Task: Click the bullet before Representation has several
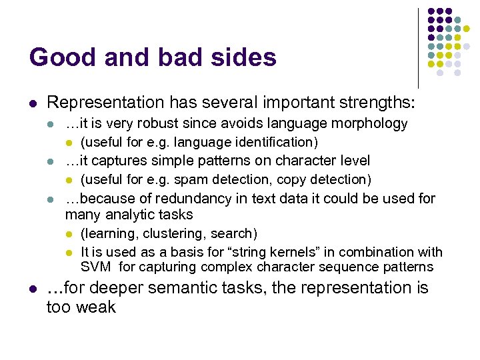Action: point(32,103)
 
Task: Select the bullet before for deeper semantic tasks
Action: point(32,289)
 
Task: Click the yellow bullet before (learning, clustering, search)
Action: point(69,234)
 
